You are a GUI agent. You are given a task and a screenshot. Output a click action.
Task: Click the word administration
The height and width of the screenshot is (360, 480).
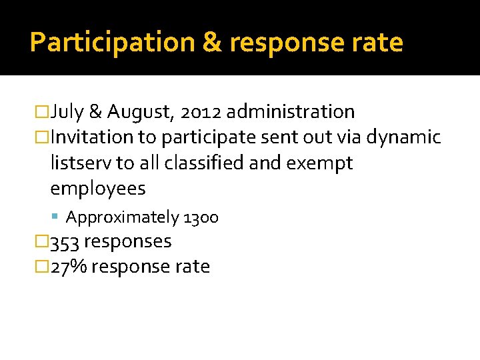290,111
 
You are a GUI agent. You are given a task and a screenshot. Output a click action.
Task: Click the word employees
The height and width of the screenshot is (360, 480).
97,189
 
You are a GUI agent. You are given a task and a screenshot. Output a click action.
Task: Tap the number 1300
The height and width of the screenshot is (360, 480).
201,217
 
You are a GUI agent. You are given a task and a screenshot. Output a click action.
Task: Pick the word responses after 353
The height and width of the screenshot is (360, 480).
128,241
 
